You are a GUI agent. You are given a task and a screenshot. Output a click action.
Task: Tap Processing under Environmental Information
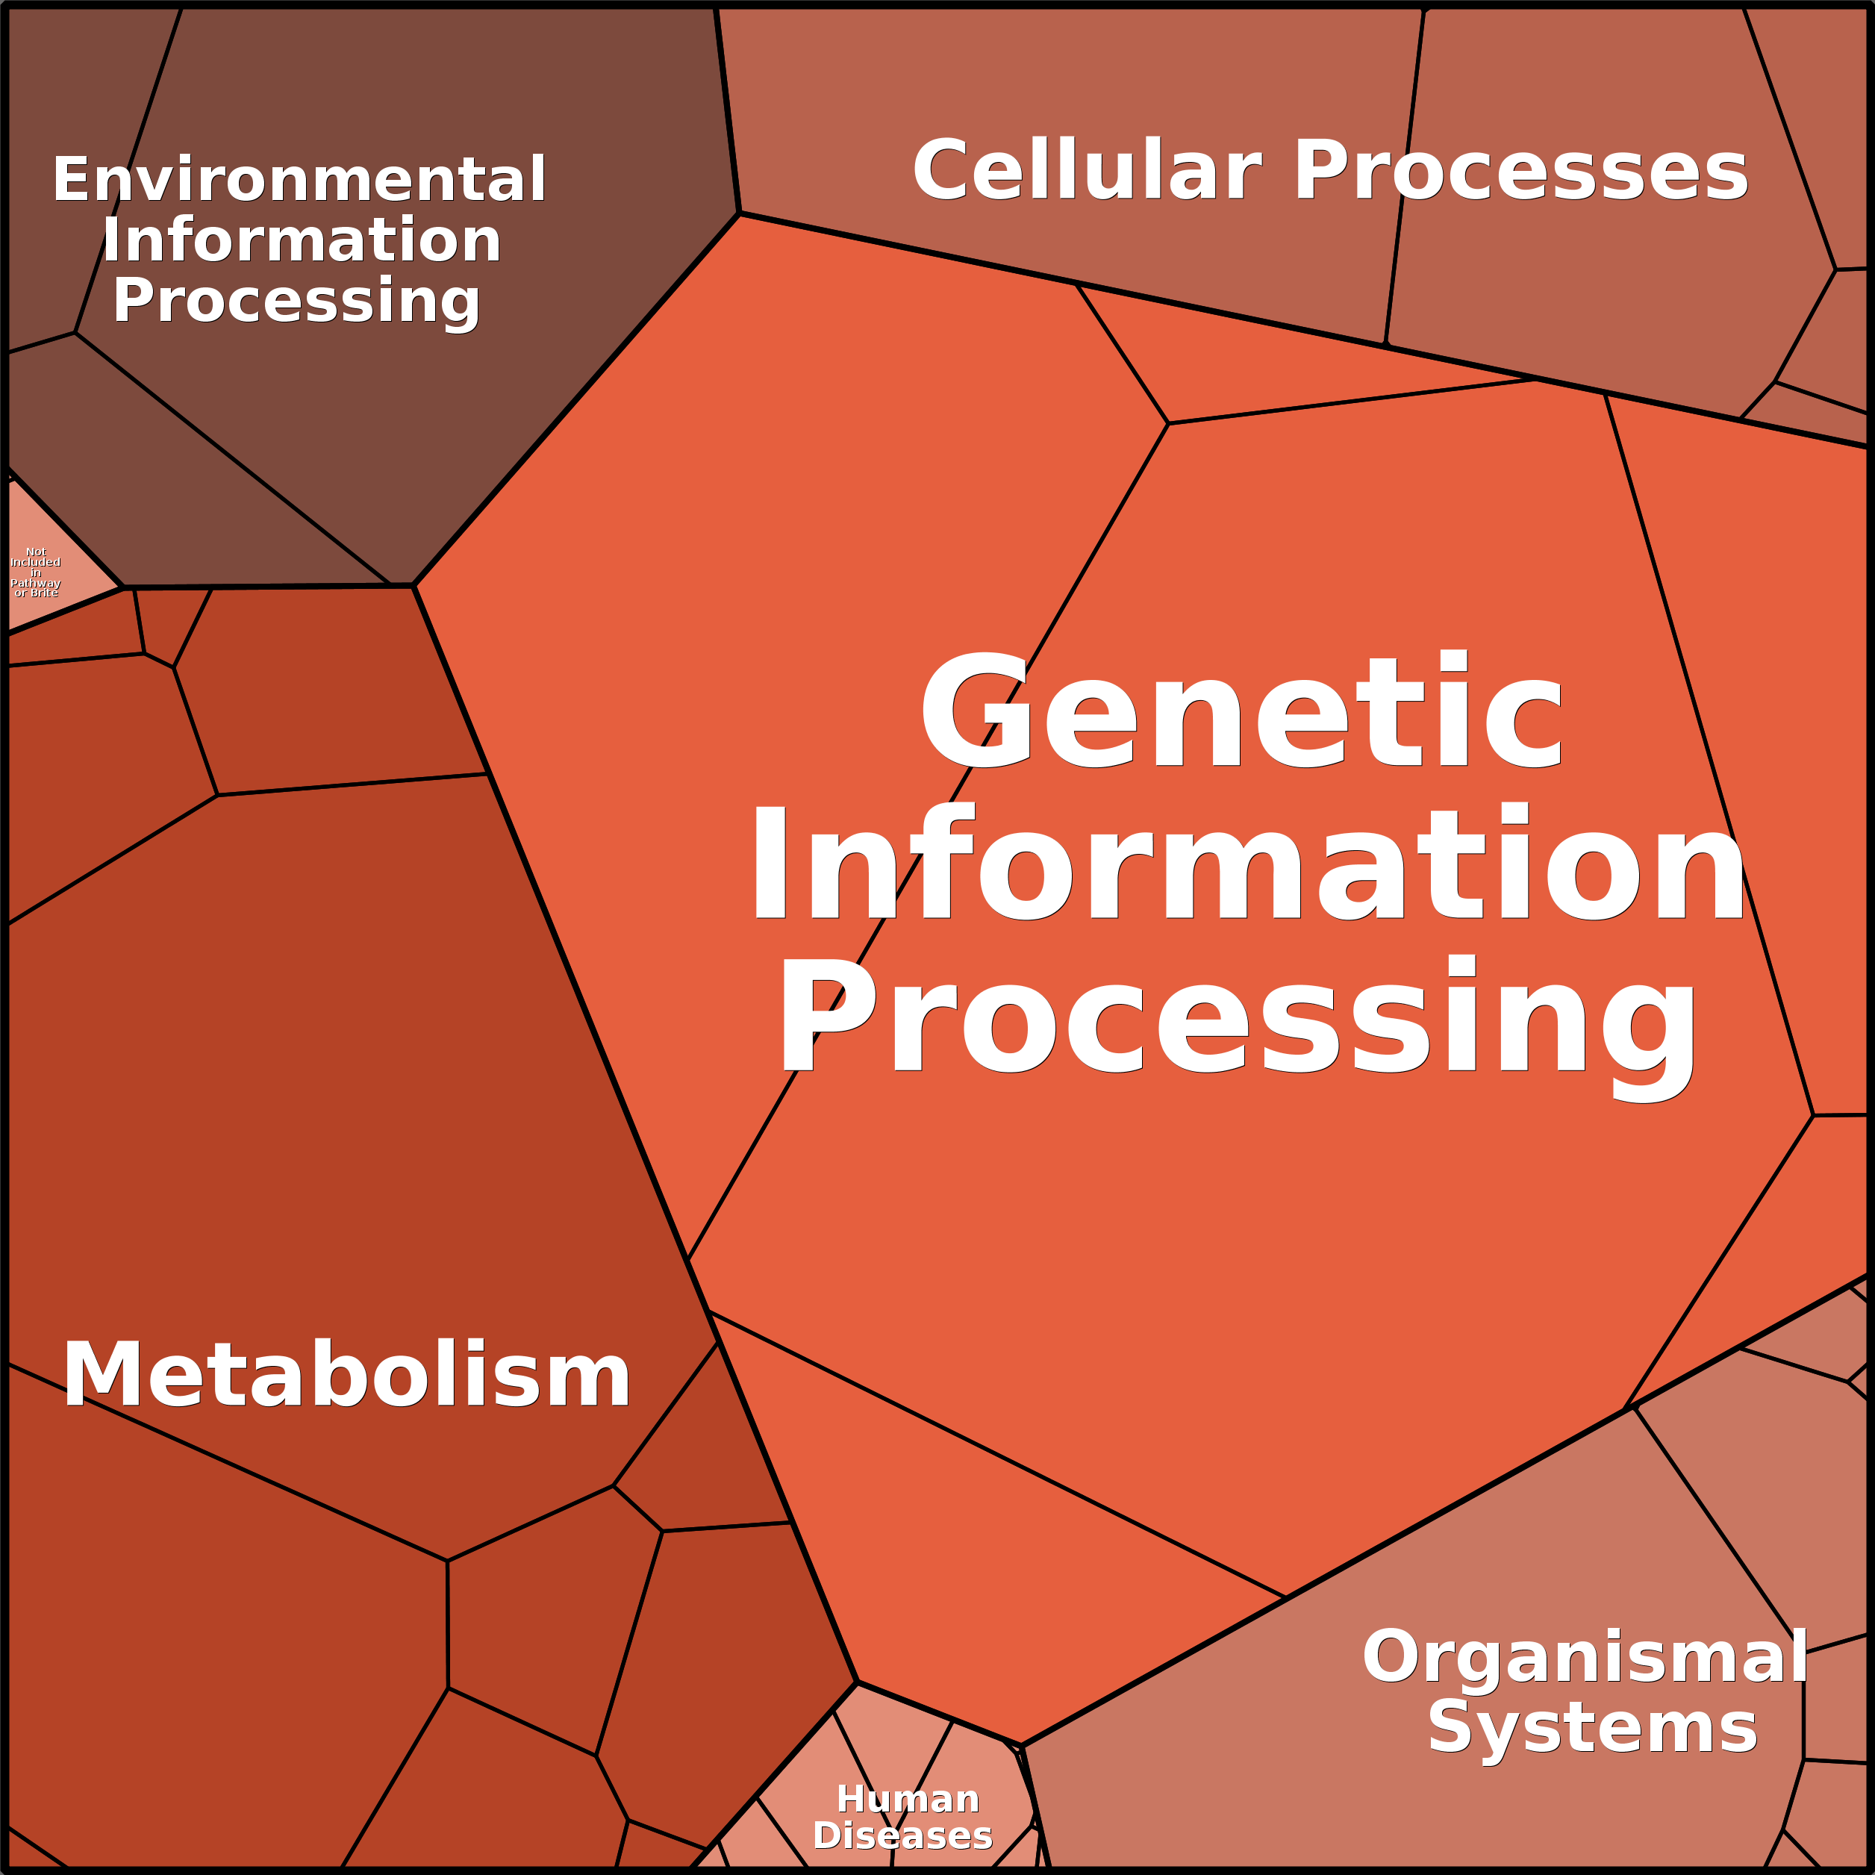[297, 302]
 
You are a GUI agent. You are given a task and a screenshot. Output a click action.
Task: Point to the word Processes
[1520, 171]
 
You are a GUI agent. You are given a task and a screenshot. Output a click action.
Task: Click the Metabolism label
[346, 1374]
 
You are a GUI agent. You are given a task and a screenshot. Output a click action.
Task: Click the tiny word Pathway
[36, 583]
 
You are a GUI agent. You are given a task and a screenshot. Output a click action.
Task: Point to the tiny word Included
[36, 562]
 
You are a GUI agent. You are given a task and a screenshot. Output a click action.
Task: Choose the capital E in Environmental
[71, 180]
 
